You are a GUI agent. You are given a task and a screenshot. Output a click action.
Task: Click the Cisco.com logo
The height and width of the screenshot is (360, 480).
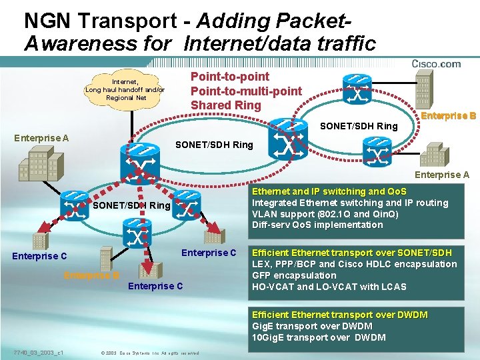436,64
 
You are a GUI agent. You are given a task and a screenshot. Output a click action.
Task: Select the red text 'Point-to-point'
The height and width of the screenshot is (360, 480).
230,77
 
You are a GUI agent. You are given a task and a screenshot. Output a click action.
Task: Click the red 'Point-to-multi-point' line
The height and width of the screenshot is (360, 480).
246,91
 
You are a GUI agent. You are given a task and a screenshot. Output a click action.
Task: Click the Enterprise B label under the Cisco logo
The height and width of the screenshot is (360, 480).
449,115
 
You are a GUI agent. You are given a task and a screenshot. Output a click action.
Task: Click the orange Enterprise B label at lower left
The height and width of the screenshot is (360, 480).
91,276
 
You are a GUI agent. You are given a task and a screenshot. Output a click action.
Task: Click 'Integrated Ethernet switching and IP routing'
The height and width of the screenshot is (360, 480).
350,203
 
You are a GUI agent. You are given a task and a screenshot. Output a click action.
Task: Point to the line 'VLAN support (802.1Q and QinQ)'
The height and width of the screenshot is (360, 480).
325,214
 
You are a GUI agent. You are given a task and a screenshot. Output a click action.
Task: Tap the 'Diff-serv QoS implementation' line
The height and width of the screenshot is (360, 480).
317,225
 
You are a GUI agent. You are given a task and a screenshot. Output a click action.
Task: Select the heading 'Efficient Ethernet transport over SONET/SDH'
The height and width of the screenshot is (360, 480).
351,253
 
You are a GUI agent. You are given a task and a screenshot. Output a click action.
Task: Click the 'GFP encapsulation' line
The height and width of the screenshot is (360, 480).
294,275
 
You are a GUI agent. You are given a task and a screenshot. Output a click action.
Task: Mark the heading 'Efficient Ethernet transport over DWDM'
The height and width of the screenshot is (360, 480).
339,315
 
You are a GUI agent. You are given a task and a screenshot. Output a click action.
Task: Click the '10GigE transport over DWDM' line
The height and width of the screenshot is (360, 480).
319,337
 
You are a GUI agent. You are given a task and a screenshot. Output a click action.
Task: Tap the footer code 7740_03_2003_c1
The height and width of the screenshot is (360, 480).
38,351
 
